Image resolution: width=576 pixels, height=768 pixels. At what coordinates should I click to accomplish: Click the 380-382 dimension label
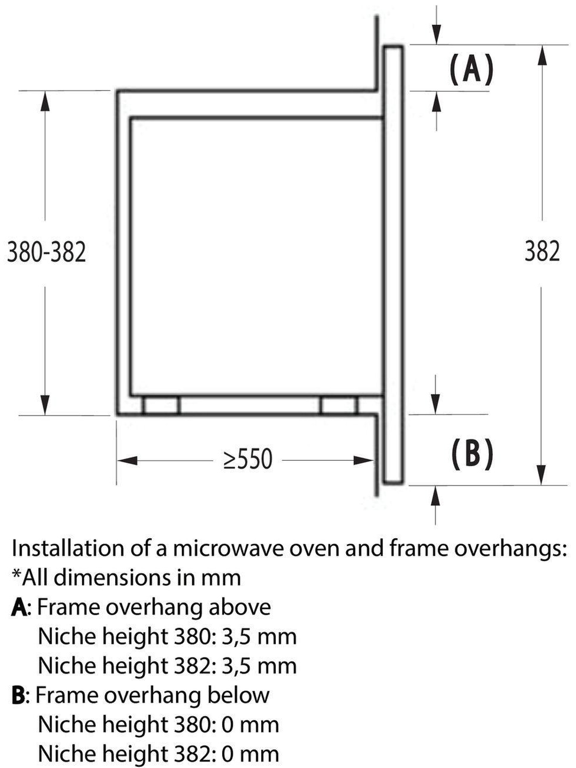point(47,252)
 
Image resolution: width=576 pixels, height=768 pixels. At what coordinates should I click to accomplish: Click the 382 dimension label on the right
point(542,251)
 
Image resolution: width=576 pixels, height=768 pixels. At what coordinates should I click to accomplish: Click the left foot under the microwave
point(161,405)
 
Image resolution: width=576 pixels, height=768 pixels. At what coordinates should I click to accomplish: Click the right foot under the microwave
point(339,405)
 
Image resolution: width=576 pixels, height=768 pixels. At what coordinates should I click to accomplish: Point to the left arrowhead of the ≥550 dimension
point(127,460)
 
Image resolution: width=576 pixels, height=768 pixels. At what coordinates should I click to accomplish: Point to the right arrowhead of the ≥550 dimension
point(364,460)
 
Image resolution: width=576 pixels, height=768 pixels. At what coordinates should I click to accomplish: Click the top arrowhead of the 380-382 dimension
point(45,101)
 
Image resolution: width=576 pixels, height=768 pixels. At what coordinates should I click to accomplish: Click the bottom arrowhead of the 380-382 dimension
point(45,405)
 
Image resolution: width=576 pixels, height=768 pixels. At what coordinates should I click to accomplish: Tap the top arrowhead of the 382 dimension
point(542,56)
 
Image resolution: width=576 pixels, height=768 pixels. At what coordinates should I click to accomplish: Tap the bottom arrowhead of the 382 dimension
point(541,474)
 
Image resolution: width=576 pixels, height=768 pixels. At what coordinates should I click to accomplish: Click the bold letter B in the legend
point(18,695)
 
